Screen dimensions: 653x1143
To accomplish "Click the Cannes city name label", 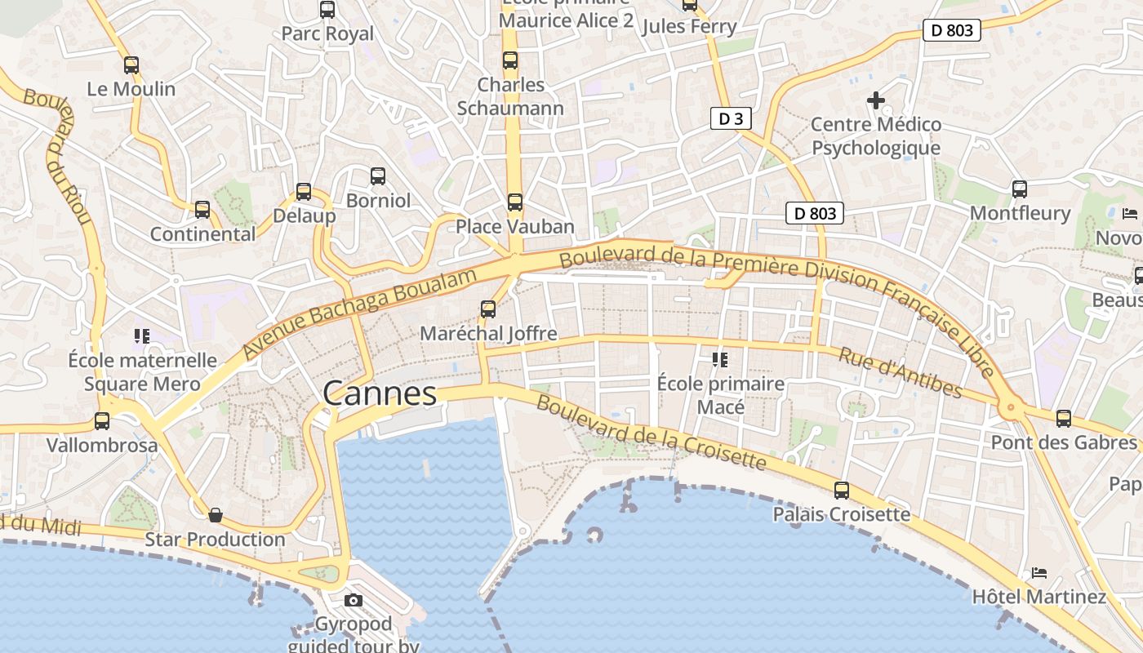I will pos(380,393).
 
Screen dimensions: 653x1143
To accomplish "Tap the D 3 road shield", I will pos(730,119).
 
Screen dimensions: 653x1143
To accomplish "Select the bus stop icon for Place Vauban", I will pos(514,202).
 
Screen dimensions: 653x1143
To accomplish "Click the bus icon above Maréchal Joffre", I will pos(488,309).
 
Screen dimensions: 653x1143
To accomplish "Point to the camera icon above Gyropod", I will pos(354,601).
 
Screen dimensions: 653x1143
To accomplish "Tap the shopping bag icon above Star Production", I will pos(216,515).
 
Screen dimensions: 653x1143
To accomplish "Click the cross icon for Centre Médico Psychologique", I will pos(876,100).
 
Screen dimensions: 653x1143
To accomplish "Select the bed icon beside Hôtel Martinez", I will pos(1038,572).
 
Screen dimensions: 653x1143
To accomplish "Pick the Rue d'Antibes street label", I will pos(901,372).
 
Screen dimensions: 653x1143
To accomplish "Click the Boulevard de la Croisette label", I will pos(652,433).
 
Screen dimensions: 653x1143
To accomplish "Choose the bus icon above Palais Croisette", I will pos(842,491).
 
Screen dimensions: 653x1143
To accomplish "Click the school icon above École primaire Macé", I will pos(719,359).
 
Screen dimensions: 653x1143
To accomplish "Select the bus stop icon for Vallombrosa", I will pos(102,421).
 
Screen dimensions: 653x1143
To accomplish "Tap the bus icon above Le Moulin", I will pos(131,65).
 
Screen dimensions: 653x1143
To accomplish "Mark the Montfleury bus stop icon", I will pos(1020,189).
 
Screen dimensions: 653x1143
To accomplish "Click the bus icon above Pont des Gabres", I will pos(1063,419).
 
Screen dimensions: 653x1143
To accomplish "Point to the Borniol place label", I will pos(378,200).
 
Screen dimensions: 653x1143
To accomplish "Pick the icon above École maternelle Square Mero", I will pos(142,335).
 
